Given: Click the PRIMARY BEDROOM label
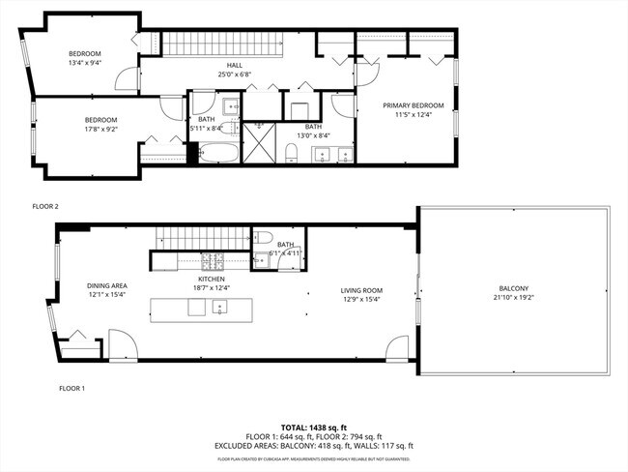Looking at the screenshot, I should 413,105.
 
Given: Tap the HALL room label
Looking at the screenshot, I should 220,64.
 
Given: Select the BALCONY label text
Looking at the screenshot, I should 513,288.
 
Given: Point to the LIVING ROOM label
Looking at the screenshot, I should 361,289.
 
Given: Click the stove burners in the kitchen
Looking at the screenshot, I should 218,262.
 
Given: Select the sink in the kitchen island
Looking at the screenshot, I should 219,310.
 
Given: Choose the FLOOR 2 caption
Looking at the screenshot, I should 45,206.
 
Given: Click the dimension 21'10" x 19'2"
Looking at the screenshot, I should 513,299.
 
